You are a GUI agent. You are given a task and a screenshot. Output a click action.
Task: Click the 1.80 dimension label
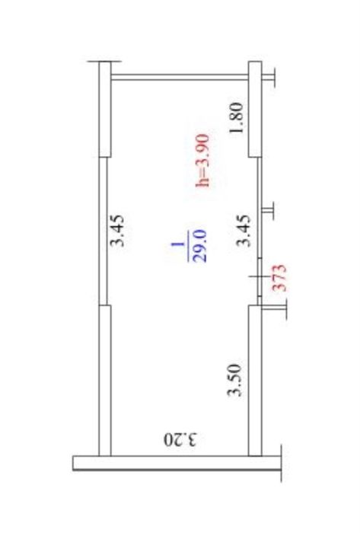coord(237,118)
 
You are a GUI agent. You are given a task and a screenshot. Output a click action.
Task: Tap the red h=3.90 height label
coord(203,161)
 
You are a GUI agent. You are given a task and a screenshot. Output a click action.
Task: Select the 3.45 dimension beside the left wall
coord(118,231)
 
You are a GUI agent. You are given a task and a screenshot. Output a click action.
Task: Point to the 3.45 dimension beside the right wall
coord(243,231)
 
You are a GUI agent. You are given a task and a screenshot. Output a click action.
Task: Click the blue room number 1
coord(177,244)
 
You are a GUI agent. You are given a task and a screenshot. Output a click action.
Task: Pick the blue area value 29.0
coord(199,245)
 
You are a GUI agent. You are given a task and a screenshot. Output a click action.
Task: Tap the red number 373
coord(280,278)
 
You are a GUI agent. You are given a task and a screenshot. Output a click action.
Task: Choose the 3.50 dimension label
coord(234,380)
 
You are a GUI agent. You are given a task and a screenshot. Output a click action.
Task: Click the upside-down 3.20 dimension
coord(180,439)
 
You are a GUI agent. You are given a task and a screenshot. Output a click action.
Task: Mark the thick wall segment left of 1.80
coord(255,109)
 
